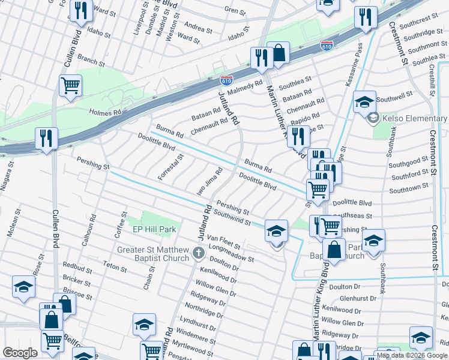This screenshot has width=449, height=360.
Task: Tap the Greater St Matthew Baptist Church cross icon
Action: click(199, 253)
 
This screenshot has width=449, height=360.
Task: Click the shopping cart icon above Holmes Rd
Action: click(71, 86)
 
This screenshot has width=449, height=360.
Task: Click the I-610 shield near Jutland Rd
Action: click(226, 80)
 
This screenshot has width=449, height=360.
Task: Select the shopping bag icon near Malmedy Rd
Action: click(279, 53)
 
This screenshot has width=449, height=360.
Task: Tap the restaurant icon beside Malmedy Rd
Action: click(261, 58)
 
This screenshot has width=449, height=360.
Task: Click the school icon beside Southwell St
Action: click(364, 102)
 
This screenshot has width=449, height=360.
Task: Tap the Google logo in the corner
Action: click(20, 353)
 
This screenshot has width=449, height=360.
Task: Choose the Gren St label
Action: click(235, 11)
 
